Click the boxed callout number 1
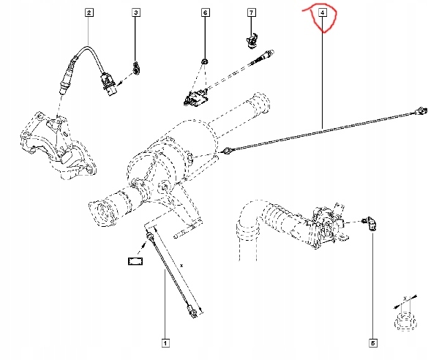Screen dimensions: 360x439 point(166,342)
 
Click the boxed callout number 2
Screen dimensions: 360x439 point(89,12)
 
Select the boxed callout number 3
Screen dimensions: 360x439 point(135,12)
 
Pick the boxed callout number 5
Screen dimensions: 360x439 point(372,342)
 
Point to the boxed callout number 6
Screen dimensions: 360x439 point(205,12)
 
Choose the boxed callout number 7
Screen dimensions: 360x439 point(251,12)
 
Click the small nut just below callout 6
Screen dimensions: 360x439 point(205,60)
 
